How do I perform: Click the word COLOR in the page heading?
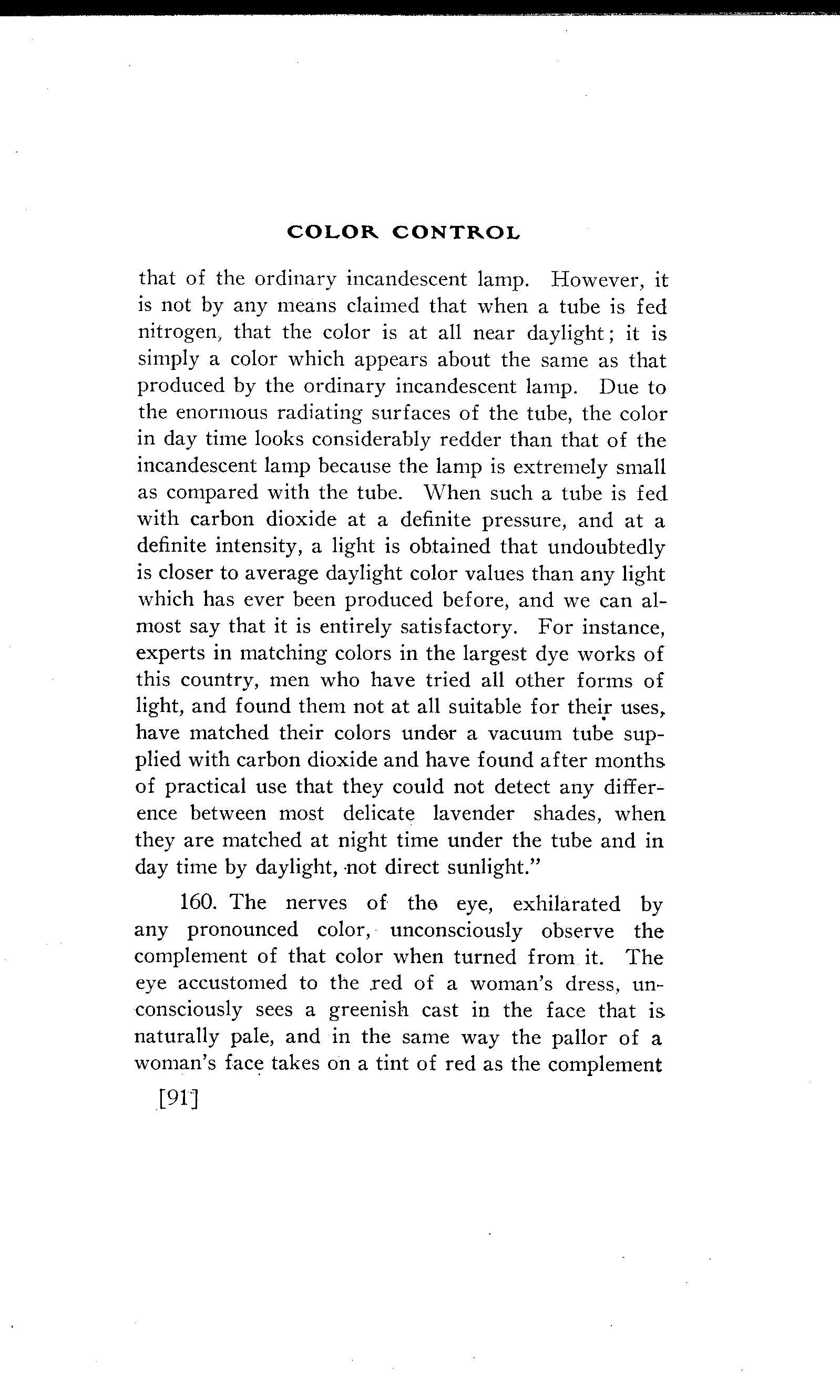332,232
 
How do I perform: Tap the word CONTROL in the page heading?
456,232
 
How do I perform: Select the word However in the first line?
594,279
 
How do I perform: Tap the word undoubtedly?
607,547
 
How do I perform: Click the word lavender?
474,813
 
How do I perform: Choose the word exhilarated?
567,903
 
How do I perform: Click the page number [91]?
179,1100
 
